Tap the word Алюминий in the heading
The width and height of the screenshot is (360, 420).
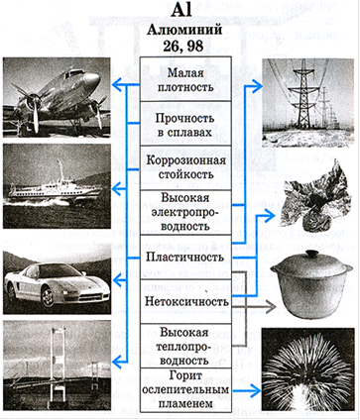click(x=184, y=30)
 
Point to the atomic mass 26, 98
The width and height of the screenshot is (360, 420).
click(x=183, y=46)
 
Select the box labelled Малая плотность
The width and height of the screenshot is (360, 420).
click(x=185, y=79)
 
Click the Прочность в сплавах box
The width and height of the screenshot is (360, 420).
click(x=185, y=124)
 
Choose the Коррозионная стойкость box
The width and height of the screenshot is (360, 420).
click(x=185, y=168)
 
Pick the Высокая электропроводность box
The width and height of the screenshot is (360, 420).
click(x=185, y=213)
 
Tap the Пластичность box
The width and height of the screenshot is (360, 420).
click(x=185, y=258)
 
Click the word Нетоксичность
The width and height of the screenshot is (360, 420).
click(x=186, y=301)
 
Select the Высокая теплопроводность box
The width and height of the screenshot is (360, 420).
click(x=185, y=346)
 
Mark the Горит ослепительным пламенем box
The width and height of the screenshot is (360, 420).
click(x=185, y=390)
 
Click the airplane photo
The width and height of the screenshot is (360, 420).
click(x=57, y=97)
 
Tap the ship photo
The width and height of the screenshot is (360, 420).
click(x=57, y=186)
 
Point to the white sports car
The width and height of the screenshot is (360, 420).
click(x=57, y=282)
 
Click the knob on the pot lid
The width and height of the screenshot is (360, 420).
click(x=310, y=254)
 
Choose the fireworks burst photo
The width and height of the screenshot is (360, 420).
click(x=307, y=369)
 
